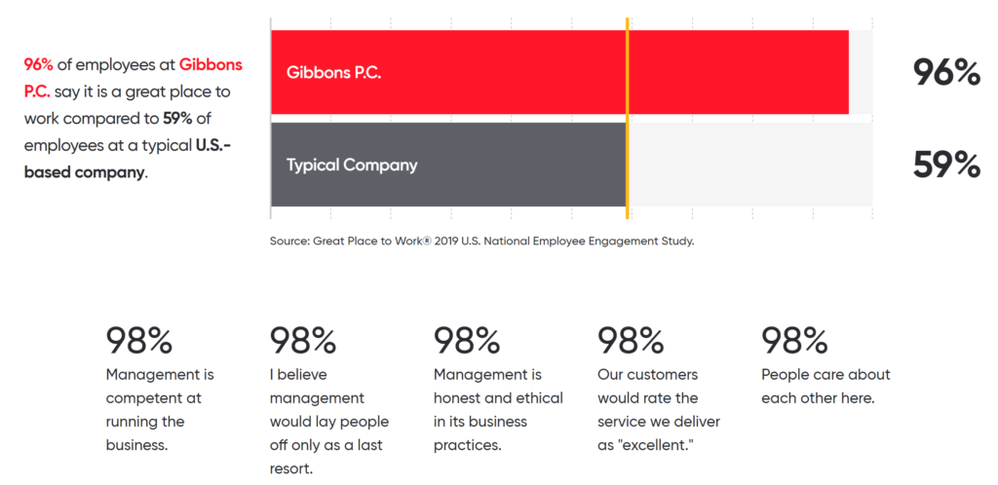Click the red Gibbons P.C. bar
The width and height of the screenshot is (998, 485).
559,72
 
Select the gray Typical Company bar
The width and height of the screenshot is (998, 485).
448,165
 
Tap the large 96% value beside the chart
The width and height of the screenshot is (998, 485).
946,72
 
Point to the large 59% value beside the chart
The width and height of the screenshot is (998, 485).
946,165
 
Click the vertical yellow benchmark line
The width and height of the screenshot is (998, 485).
628,118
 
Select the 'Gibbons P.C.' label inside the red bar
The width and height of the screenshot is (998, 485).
333,72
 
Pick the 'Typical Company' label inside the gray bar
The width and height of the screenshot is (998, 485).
352,166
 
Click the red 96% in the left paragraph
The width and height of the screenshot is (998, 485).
39,64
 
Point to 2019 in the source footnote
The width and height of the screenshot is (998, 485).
445,242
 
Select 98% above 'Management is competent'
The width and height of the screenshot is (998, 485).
138,340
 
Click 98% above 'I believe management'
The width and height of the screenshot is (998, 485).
303,340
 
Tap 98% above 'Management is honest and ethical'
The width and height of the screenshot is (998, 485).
467,340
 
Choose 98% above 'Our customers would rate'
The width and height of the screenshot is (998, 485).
631,340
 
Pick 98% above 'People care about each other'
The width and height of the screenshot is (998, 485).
794,340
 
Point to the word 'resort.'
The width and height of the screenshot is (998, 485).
291,468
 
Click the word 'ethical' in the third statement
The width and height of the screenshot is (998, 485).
541,398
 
